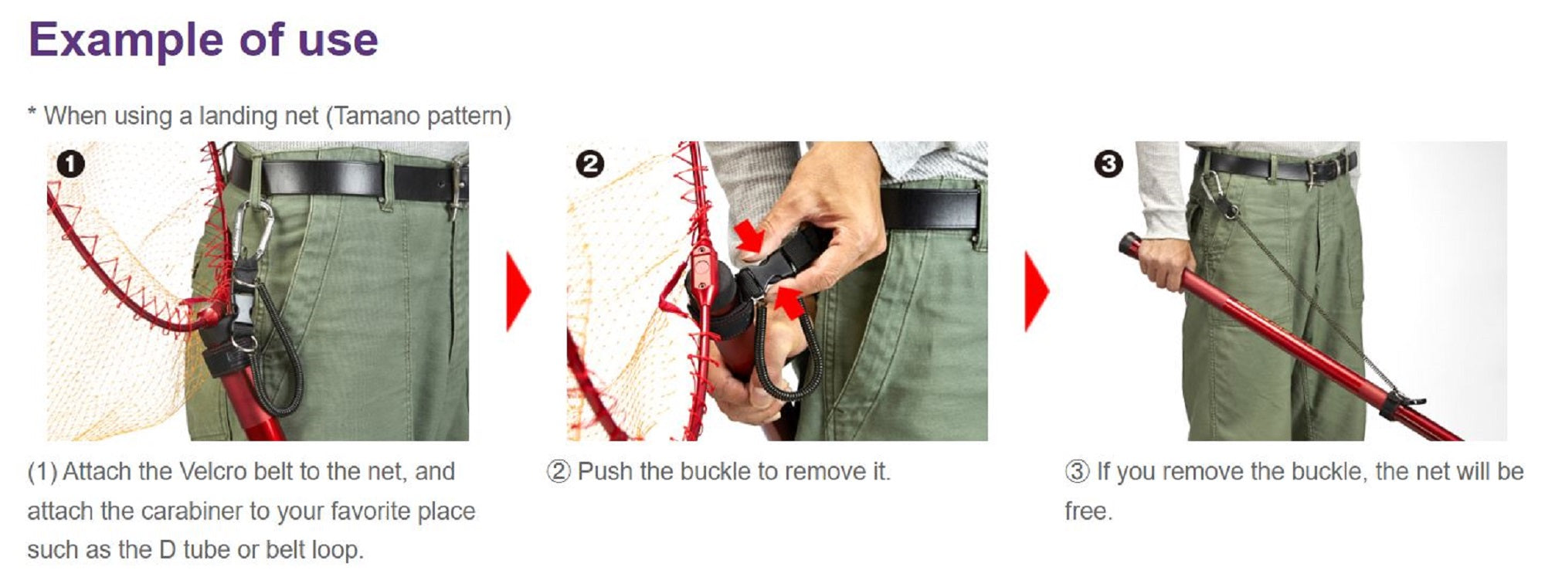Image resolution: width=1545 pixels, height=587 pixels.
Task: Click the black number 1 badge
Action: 70,164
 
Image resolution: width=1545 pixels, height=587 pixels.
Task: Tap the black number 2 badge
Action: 590,164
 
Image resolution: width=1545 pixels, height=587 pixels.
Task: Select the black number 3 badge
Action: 1109,164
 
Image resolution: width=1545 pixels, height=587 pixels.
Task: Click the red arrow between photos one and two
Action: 518,291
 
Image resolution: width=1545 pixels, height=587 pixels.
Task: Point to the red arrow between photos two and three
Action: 1037,291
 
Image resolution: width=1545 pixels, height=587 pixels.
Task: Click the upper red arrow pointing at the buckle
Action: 750,235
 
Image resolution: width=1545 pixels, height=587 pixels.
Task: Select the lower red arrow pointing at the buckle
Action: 788,302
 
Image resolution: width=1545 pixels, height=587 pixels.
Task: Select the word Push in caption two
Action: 605,471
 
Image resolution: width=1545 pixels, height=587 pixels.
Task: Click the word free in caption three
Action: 1088,511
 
